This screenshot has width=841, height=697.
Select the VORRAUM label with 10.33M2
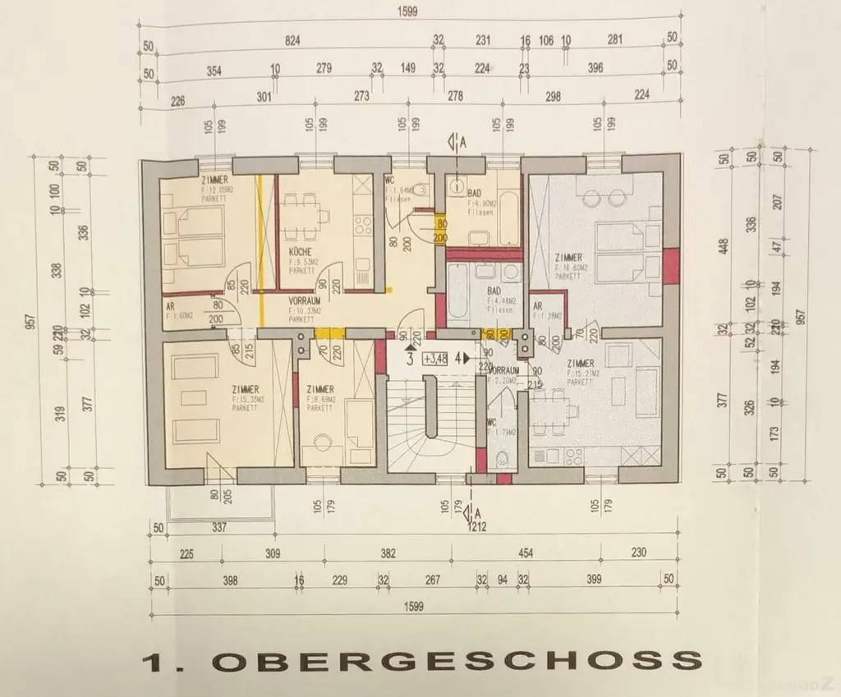(x=303, y=301)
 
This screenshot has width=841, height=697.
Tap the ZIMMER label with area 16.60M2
(x=569, y=258)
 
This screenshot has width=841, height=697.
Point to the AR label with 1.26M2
(x=540, y=308)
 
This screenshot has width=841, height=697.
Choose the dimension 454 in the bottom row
(x=525, y=554)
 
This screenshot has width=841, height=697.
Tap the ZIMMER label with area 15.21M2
(x=581, y=362)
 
